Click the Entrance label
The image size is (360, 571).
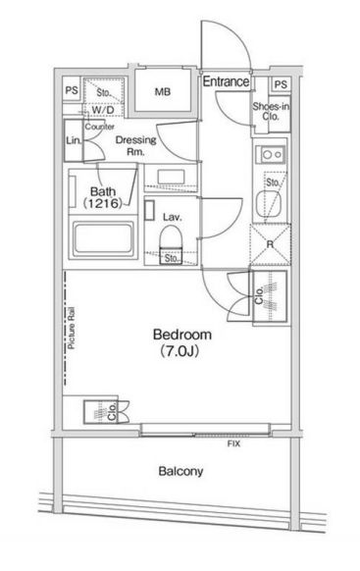(226, 81)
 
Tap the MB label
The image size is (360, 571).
(163, 92)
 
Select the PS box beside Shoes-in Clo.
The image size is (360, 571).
(281, 84)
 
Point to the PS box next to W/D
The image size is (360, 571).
(72, 90)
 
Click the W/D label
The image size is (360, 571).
(103, 110)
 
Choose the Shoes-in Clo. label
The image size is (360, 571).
(271, 112)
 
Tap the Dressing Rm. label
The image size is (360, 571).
(135, 145)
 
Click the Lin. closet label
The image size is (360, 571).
(74, 140)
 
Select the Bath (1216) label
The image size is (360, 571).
(103, 197)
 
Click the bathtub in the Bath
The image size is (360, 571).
(103, 238)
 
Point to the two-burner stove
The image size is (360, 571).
(271, 154)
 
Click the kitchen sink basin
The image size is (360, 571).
(269, 203)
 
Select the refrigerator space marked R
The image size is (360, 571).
(270, 244)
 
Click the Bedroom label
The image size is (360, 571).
(182, 335)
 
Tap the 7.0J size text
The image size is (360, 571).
(180, 351)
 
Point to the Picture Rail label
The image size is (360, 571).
(72, 329)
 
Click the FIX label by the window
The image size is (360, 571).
(233, 443)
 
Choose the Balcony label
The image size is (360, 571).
(180, 471)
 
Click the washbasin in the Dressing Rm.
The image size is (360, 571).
(172, 177)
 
